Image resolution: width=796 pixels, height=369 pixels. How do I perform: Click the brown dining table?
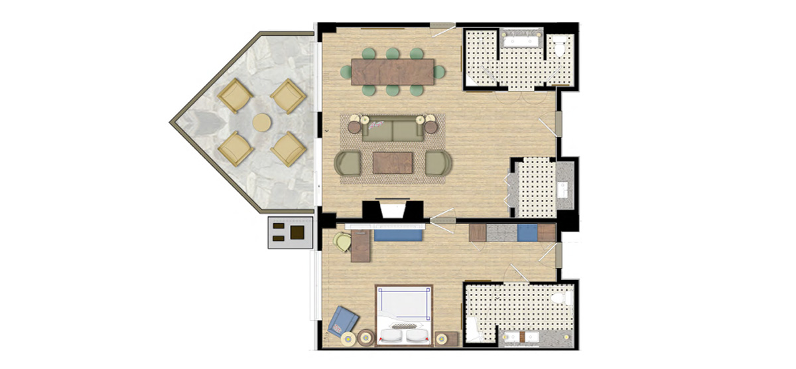392,72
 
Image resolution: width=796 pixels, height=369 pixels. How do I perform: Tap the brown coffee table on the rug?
393,163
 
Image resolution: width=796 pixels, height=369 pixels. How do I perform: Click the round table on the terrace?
262,123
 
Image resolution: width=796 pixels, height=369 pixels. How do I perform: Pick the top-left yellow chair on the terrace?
235,96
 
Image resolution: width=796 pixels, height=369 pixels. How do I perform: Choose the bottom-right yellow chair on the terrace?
289,149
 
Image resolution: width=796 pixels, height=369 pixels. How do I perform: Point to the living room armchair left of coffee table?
349,163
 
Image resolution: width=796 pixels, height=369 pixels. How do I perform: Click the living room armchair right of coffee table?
437,163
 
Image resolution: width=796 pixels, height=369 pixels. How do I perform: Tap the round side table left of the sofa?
354,127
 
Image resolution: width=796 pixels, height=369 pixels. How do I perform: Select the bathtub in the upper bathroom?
521,41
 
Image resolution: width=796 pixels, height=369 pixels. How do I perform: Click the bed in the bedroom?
404,316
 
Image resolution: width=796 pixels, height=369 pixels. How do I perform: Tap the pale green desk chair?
342,242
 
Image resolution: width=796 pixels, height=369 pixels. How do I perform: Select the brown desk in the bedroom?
361,245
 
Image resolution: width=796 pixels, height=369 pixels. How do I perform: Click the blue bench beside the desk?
399,234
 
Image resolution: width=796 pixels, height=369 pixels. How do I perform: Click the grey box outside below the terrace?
290,232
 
